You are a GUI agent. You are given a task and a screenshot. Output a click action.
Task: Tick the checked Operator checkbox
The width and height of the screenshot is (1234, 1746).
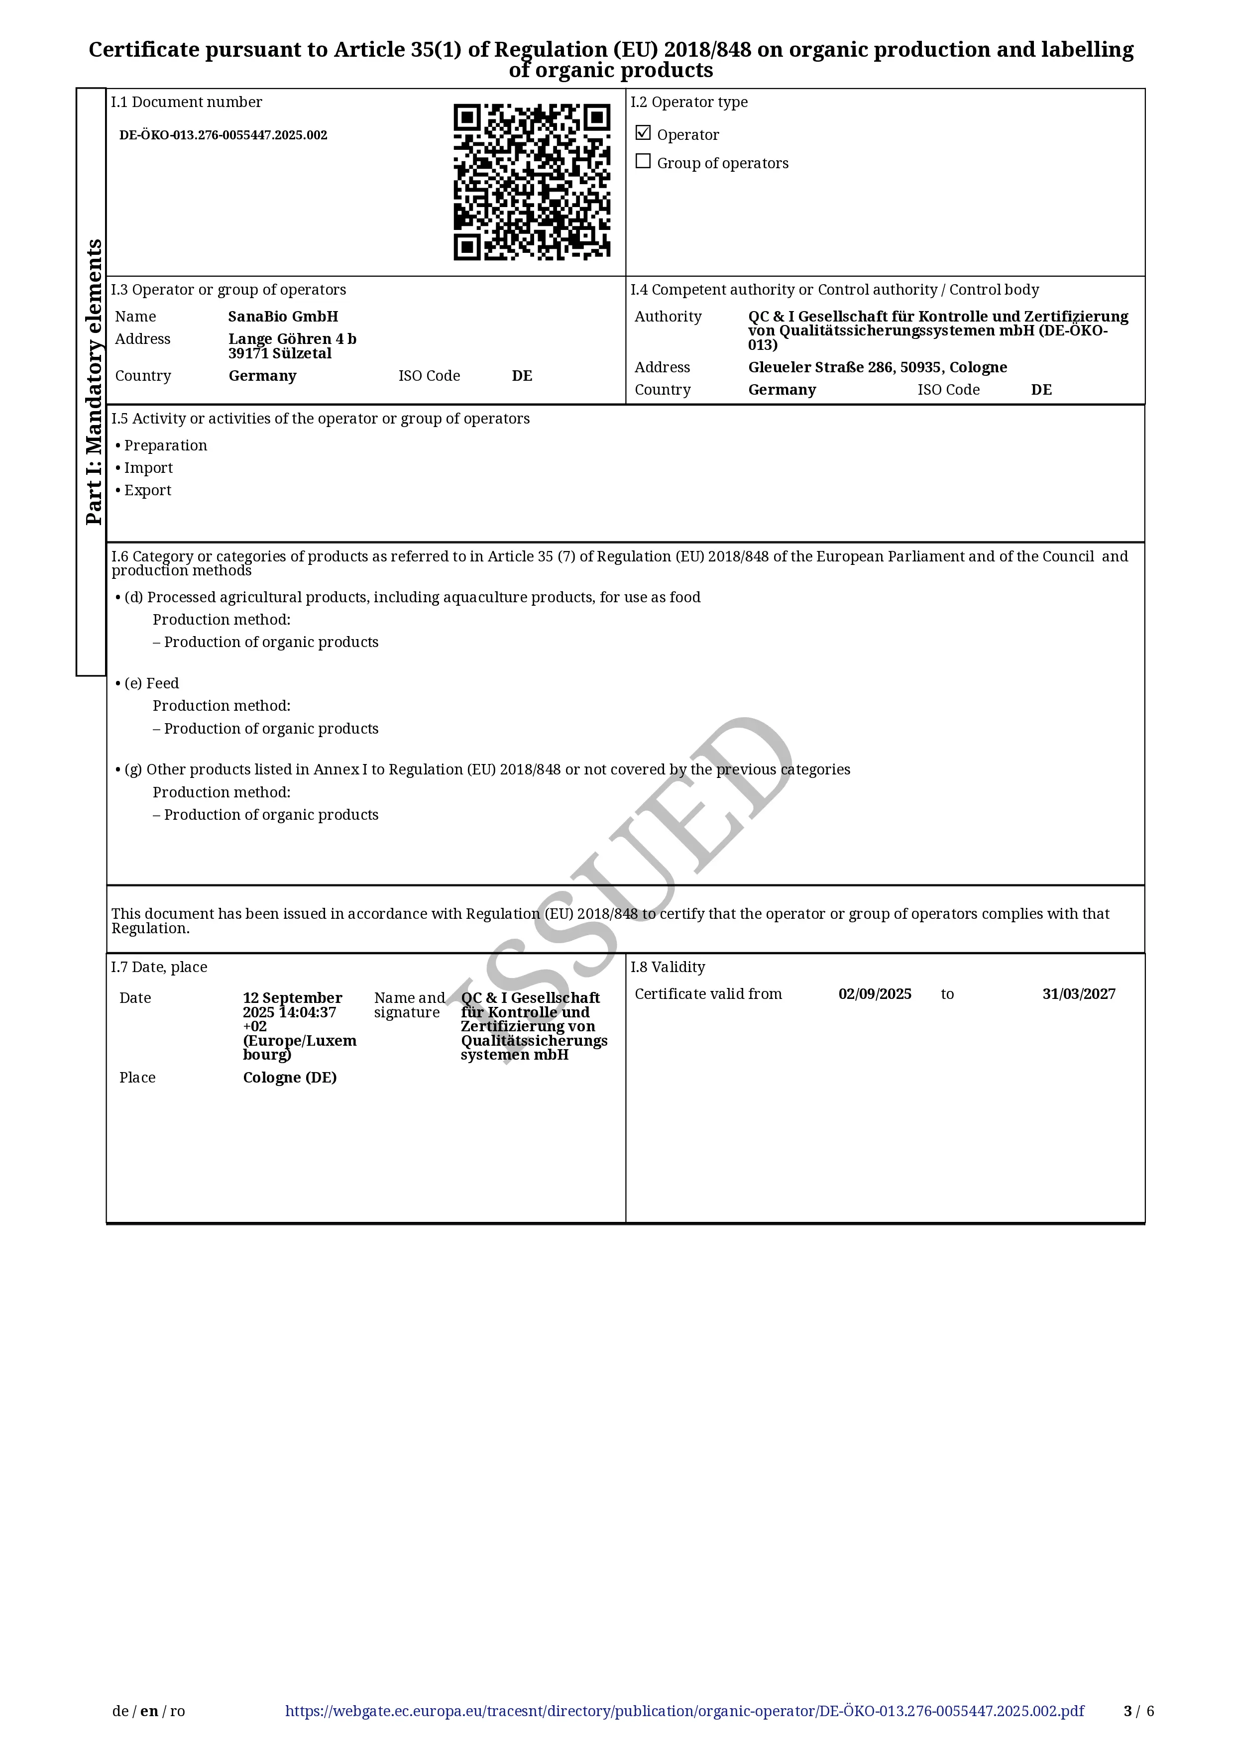pos(643,133)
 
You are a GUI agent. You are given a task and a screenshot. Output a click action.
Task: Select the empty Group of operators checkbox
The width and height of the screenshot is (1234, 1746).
pos(643,161)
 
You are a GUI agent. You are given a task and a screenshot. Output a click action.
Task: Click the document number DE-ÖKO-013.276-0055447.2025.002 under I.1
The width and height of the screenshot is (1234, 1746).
pos(223,135)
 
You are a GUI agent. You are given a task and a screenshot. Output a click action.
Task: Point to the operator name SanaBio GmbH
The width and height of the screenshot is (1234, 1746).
pos(283,317)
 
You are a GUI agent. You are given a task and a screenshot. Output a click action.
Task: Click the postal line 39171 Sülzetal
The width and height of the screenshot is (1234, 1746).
pos(280,353)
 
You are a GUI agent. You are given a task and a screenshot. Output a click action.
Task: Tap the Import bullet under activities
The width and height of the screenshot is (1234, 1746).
pos(148,468)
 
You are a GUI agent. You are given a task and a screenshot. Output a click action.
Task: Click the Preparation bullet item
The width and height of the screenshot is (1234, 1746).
pos(165,445)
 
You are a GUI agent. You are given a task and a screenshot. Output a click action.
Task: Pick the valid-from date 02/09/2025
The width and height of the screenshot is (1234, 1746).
pos(875,994)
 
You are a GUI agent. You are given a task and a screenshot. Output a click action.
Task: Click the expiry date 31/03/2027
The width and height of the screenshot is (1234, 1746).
pos(1078,994)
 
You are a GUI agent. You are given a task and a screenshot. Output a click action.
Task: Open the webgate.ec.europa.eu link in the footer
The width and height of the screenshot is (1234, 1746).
pos(684,1711)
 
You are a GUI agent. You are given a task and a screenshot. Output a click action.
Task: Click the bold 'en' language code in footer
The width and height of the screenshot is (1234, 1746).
pos(149,1711)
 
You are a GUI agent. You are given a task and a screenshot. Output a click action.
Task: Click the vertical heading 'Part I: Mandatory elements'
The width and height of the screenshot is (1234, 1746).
pos(93,382)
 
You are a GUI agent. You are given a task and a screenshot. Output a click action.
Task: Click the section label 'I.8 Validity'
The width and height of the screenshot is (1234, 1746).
pos(668,967)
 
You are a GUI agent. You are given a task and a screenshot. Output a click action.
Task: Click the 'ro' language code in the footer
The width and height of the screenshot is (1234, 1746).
pos(177,1711)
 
